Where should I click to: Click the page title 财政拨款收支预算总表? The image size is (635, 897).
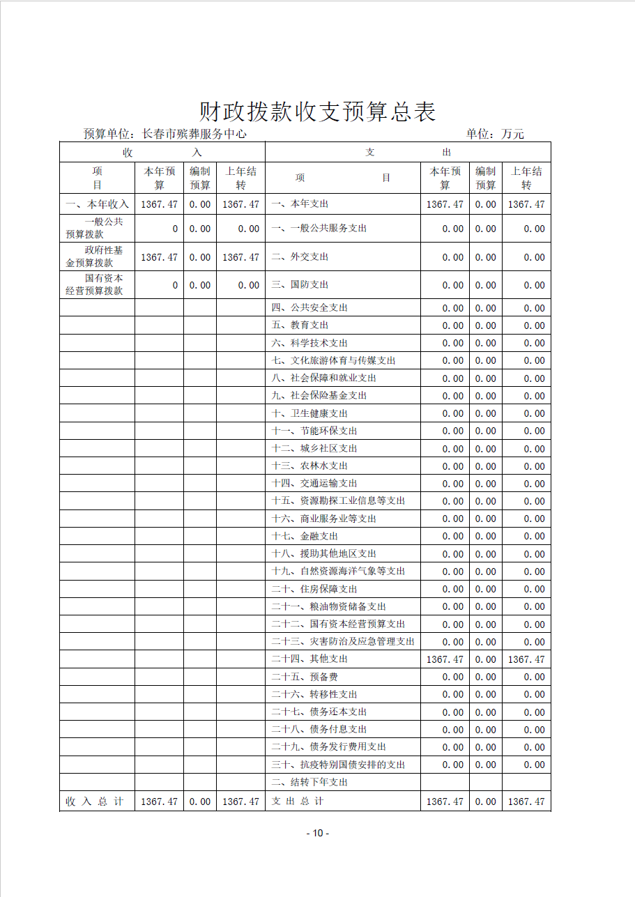point(317,112)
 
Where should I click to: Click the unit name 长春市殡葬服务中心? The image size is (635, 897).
point(194,134)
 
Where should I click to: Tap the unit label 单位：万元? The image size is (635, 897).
point(495,134)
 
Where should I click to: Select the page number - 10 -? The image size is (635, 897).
point(317,833)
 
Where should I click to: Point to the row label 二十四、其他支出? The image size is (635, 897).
point(309,659)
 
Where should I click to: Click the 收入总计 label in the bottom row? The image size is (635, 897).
point(95,802)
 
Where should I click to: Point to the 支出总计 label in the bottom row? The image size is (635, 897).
point(297,802)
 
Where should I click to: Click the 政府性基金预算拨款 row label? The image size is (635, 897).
point(95,256)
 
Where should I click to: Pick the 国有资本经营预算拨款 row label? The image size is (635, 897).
point(95,284)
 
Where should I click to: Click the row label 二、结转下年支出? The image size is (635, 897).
point(309,782)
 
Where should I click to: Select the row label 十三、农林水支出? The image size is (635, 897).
point(309,466)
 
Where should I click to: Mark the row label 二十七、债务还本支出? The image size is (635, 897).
point(319,712)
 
